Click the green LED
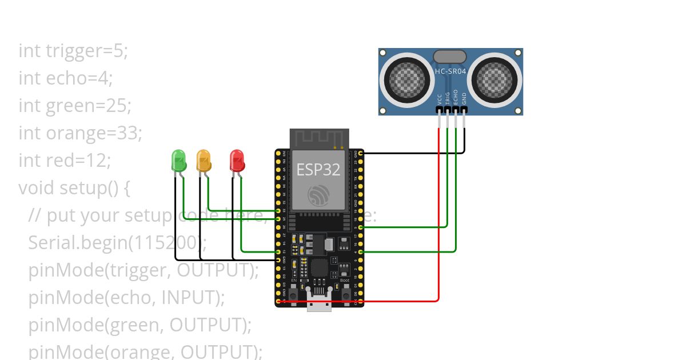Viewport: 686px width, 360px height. tap(178, 161)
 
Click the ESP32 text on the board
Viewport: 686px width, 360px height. tap(318, 169)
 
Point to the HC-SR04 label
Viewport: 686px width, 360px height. tap(450, 71)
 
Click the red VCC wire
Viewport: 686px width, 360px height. tap(438, 217)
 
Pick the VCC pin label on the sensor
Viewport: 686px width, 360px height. tap(439, 98)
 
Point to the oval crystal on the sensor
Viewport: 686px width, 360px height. tap(449, 56)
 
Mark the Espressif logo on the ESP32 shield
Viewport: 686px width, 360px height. tap(318, 195)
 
